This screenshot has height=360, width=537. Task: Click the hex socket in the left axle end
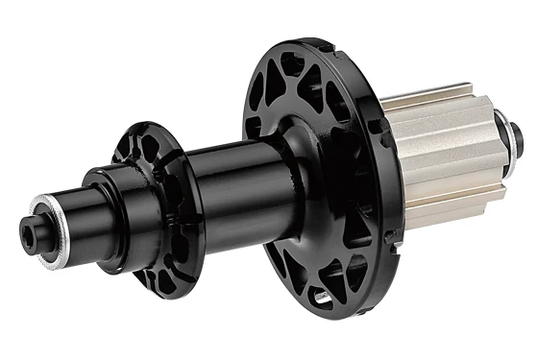(x=25, y=228)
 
